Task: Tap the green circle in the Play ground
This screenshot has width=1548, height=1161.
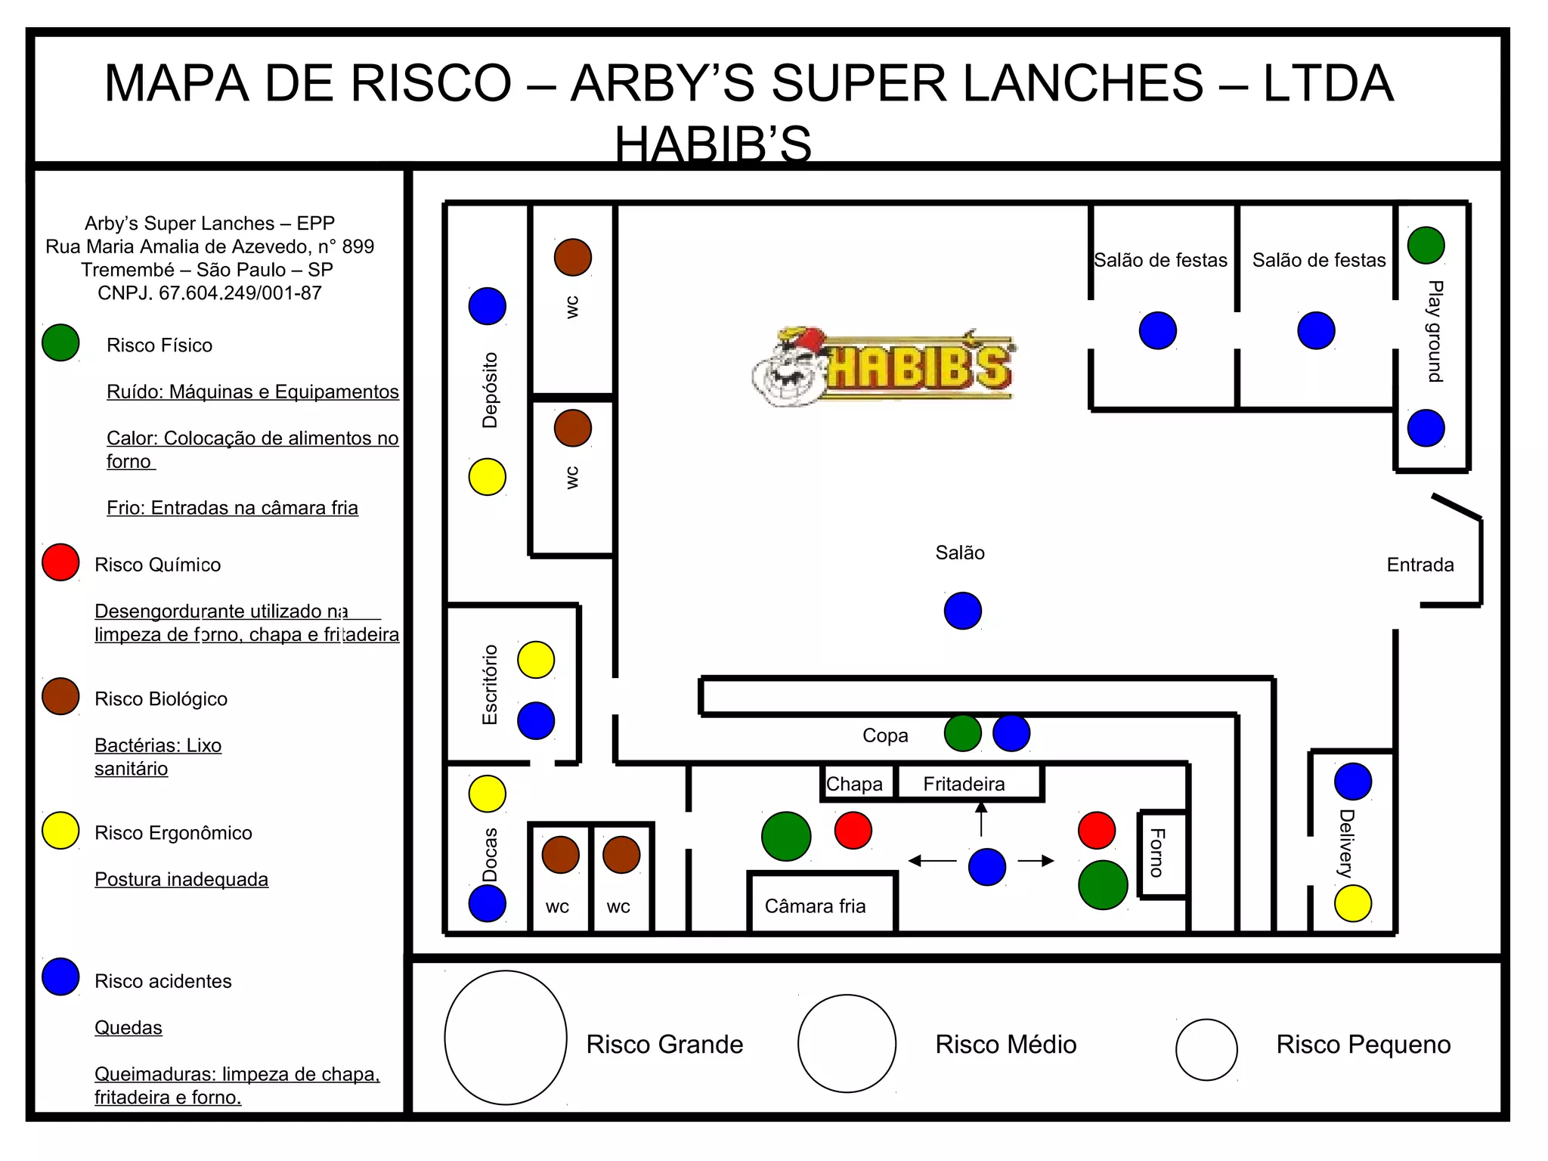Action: [x=1426, y=245]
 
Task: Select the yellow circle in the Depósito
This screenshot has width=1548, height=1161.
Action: [x=487, y=477]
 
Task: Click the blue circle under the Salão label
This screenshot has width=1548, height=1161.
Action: [x=962, y=611]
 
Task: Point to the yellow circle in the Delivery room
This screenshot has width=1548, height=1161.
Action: [x=1352, y=903]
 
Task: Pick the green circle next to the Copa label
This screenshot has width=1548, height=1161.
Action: [x=962, y=733]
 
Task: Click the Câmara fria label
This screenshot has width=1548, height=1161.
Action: [x=815, y=906]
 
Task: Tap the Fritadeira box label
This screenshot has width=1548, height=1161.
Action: [x=964, y=784]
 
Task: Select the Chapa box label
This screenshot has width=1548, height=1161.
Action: [x=854, y=784]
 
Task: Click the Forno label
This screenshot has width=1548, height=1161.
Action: [x=1157, y=853]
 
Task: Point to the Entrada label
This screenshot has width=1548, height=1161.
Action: [x=1420, y=565]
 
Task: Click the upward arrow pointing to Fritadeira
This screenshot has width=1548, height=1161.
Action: [x=981, y=818]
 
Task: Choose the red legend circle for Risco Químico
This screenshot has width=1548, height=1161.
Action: [x=60, y=562]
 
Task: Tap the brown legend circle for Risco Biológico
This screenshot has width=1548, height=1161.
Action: [x=60, y=696]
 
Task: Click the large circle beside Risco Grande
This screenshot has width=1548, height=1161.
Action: [x=506, y=1037]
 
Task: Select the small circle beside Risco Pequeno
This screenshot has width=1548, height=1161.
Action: [x=1206, y=1049]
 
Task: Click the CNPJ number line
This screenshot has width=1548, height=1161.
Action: [x=209, y=293]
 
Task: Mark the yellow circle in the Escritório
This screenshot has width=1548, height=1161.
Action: [x=535, y=659]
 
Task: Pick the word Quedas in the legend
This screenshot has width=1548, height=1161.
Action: [x=128, y=1027]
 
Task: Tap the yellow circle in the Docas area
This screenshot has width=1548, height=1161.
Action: [x=487, y=794]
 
